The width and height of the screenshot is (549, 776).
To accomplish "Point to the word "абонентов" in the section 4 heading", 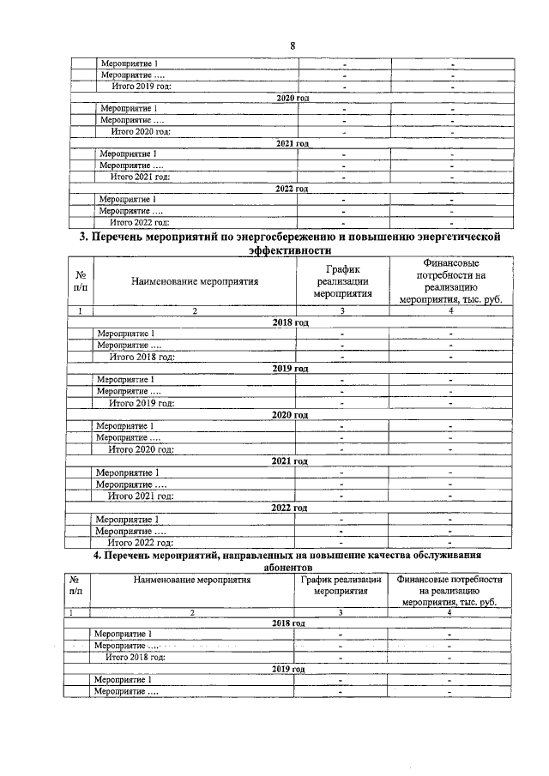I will point(287,567).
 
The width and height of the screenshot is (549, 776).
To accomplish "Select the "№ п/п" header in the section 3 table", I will point(79,281).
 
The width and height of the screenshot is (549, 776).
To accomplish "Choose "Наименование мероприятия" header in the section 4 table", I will point(192,580).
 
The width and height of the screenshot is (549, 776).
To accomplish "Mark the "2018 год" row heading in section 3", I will point(290,322).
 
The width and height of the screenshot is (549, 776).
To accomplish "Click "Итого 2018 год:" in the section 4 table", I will point(135,657).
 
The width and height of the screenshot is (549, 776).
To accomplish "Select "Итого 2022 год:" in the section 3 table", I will point(141,542).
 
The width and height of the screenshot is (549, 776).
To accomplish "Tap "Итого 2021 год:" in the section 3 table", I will point(141,496).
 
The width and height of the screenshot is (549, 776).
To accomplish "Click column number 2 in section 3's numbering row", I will point(194,311).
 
